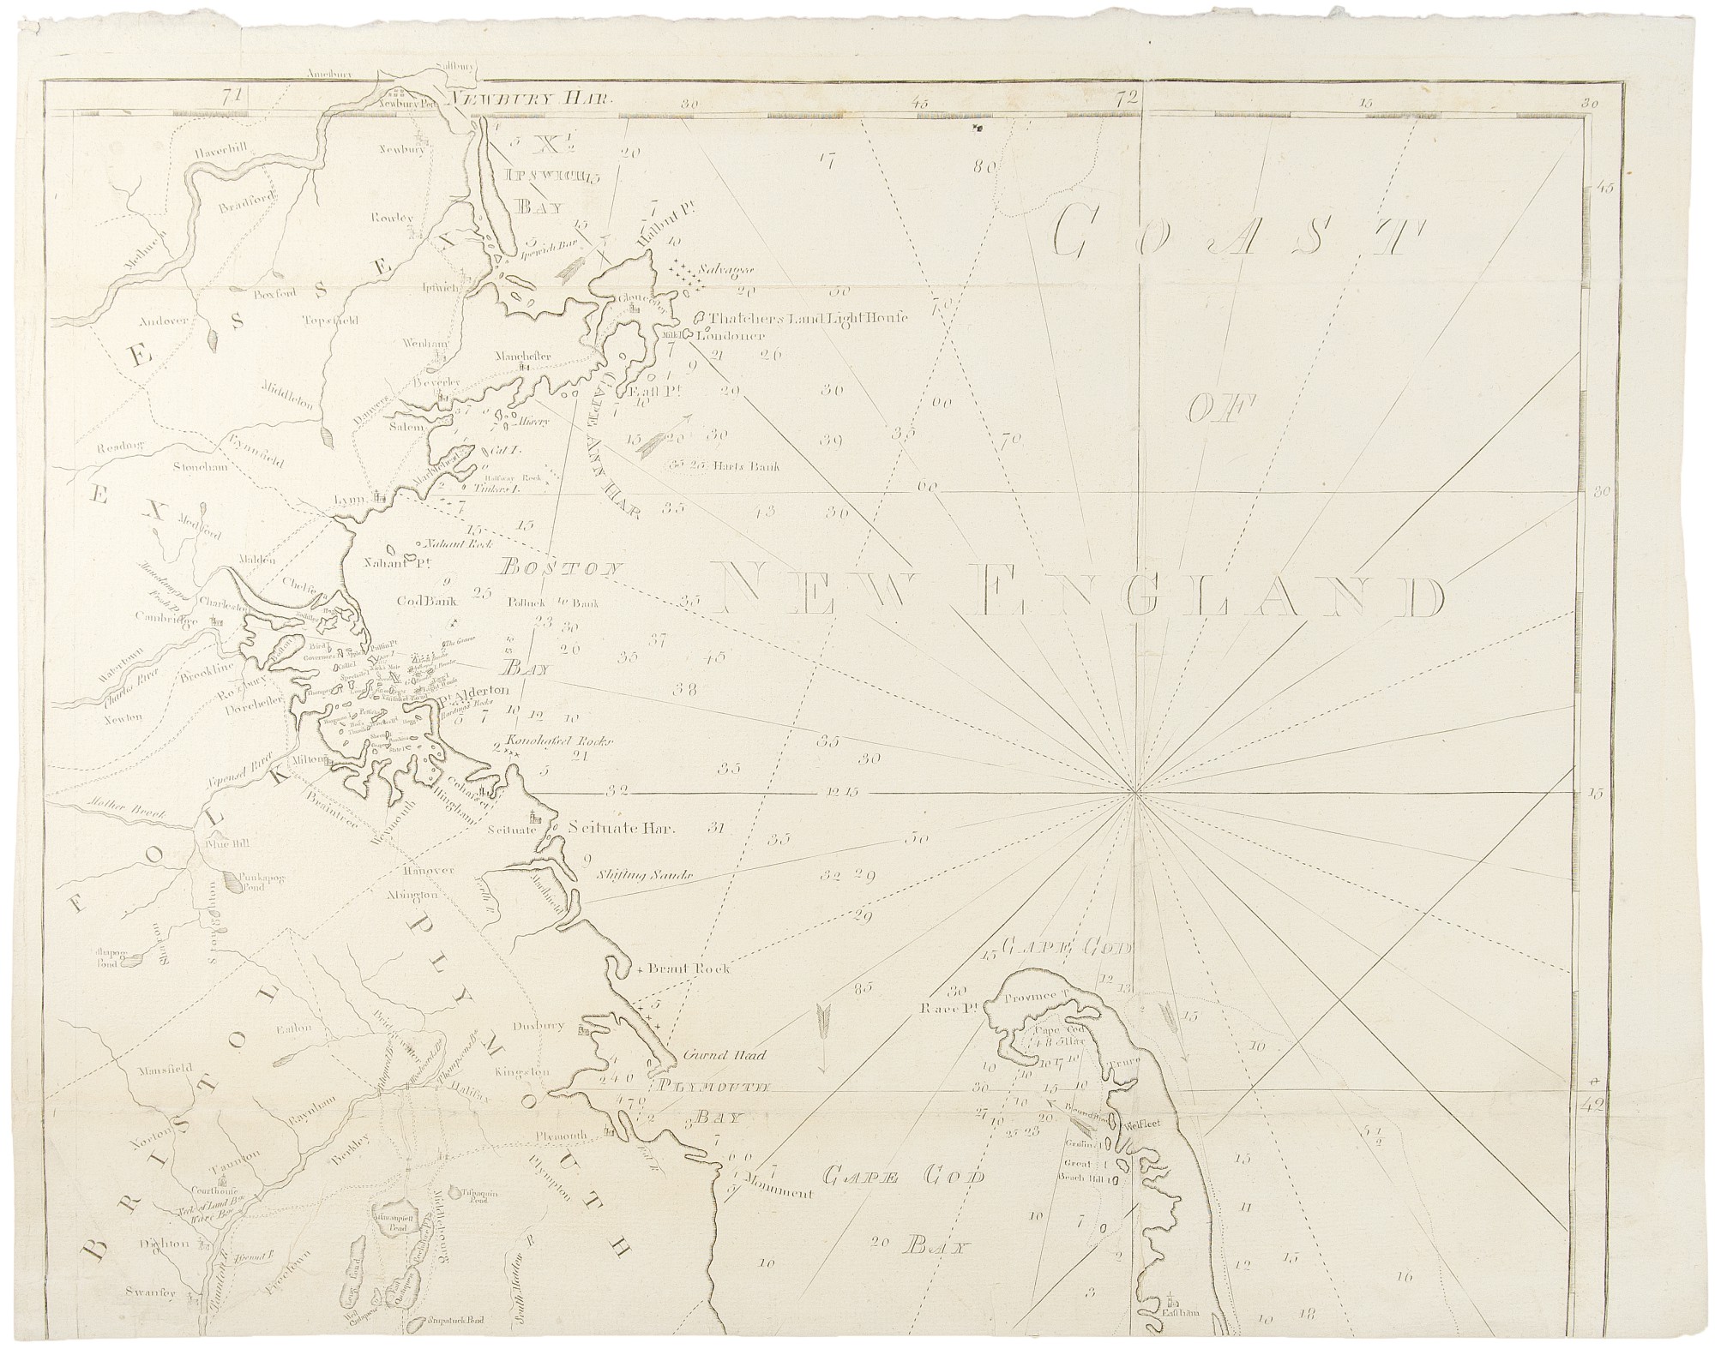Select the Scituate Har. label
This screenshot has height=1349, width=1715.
623,829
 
